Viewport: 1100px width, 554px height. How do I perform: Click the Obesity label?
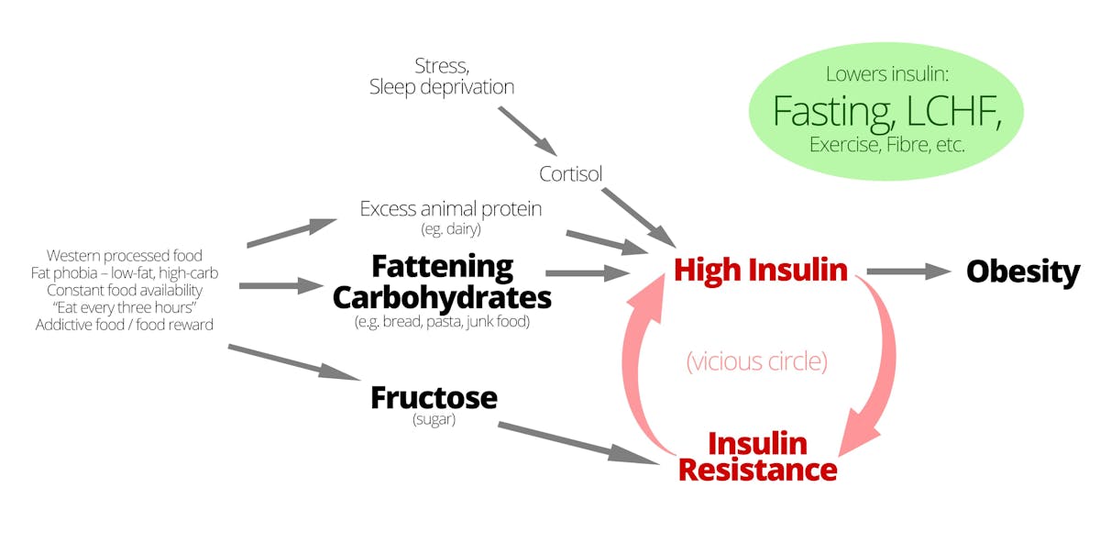1023,272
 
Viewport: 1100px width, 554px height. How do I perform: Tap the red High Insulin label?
760,270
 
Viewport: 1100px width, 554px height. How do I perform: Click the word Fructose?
434,398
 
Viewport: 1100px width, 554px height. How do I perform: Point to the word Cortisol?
570,174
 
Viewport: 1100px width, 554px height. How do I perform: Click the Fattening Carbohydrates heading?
442,282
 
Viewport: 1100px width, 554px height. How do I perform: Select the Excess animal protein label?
450,209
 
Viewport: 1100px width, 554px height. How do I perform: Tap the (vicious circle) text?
757,361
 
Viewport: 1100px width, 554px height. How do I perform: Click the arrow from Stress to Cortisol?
527,129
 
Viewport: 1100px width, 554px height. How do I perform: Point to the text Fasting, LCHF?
885,111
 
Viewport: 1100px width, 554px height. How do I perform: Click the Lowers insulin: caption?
885,74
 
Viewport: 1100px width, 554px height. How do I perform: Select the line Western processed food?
125,255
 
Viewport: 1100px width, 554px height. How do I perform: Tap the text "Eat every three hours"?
125,307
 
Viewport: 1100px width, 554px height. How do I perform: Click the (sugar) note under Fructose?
434,420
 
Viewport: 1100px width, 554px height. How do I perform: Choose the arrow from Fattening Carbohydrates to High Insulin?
587,272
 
